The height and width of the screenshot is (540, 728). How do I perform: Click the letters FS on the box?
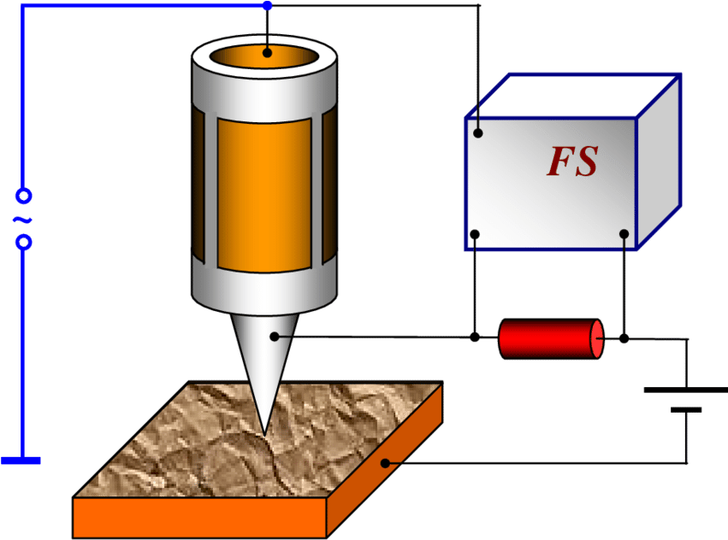click(x=572, y=161)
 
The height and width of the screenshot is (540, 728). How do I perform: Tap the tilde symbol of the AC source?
click(x=22, y=220)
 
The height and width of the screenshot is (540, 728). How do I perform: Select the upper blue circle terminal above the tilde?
click(x=24, y=197)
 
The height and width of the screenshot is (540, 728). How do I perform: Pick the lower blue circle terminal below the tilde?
click(x=24, y=243)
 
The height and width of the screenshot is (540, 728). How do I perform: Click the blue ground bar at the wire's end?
click(x=21, y=461)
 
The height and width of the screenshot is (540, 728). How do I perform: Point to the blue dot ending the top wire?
click(x=267, y=6)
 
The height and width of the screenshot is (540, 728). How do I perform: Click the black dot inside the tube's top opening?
click(x=267, y=53)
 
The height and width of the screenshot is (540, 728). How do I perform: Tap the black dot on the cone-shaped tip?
click(x=275, y=337)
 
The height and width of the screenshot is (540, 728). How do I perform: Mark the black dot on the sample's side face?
click(x=386, y=463)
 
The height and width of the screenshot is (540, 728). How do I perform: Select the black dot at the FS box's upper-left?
click(x=478, y=132)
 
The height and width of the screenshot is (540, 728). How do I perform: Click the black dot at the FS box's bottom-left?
click(x=475, y=234)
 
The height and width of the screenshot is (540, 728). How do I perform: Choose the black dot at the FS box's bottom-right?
click(x=624, y=234)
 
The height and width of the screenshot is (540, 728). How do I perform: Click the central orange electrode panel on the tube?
click(x=263, y=194)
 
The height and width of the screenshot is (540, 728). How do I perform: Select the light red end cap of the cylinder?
click(x=597, y=339)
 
